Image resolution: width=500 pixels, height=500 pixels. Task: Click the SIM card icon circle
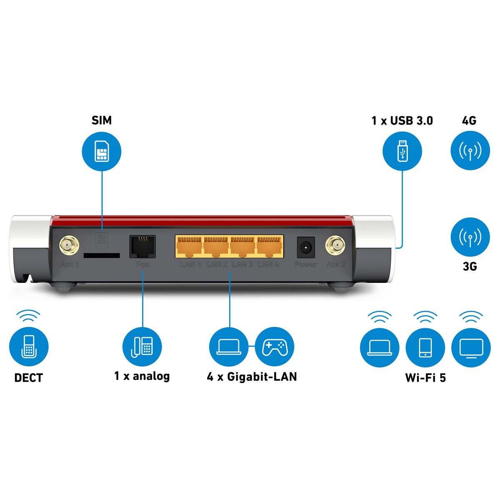[x=102, y=151]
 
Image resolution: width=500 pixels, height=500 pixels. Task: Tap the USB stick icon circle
[x=402, y=151]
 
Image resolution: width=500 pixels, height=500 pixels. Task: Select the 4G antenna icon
[x=470, y=151]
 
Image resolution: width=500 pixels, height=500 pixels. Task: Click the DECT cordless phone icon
[x=29, y=347]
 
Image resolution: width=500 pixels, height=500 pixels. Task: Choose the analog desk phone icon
[x=142, y=347]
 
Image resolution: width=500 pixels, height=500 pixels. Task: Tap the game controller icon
[x=274, y=347]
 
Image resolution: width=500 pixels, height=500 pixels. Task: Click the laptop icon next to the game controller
[x=228, y=347]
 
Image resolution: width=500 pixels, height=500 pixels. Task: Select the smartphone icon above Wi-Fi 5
[x=425, y=347]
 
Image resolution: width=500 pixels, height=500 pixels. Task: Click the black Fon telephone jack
[x=142, y=246]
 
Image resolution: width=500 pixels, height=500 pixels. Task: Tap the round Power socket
[x=305, y=247]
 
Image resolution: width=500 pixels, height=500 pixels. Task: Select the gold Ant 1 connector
[x=70, y=245]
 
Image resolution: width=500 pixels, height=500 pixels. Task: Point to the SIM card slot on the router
[x=102, y=255]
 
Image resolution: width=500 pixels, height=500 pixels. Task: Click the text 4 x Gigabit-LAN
[x=252, y=377]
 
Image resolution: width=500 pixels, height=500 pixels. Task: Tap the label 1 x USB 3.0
[x=402, y=121]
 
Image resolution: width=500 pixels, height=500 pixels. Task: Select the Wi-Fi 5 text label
[x=425, y=377]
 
